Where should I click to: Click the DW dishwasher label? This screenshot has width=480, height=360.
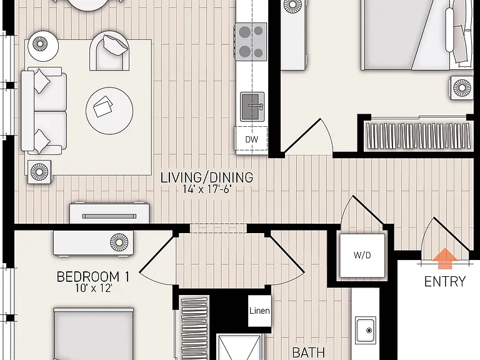click(x=252, y=139)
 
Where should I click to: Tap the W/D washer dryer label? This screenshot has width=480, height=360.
click(x=362, y=255)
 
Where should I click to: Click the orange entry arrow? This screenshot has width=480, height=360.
click(x=444, y=258)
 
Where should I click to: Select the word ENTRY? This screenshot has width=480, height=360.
click(x=445, y=282)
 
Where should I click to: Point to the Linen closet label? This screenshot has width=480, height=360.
click(x=259, y=311)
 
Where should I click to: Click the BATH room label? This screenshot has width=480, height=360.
click(x=309, y=352)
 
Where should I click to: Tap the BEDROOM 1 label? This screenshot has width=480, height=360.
click(x=93, y=277)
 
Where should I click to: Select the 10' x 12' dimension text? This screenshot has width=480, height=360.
click(x=94, y=288)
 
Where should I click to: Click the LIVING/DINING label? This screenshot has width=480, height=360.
click(x=207, y=177)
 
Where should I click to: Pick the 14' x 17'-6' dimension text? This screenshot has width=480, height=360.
click(x=207, y=189)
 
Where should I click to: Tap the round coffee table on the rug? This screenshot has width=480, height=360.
click(x=109, y=111)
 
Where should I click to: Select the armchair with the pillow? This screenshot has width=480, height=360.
click(x=109, y=51)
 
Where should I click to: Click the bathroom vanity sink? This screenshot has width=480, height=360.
click(x=366, y=330)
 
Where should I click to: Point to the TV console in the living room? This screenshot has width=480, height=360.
click(x=109, y=213)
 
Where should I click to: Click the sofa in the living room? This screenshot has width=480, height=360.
click(x=44, y=111)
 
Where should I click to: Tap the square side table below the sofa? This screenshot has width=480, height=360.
click(x=39, y=172)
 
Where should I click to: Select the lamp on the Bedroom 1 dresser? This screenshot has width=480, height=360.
click(x=119, y=242)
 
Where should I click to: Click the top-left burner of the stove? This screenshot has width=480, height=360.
click(x=245, y=31)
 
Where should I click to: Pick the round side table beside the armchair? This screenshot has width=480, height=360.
click(x=43, y=46)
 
